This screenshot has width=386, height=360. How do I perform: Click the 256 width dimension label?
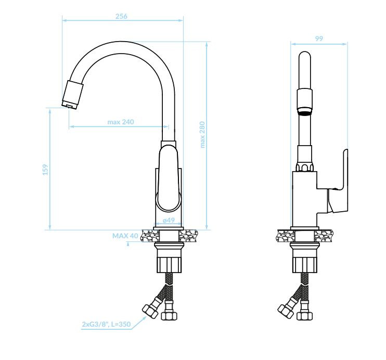[121, 16]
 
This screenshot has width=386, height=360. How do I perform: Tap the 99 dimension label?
[319, 38]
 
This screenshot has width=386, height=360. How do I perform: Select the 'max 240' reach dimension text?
[121, 122]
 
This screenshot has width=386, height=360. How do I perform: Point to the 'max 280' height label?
[202, 134]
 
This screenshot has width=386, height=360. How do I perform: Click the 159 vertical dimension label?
[46, 170]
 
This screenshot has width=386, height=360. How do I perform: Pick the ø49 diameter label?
[169, 220]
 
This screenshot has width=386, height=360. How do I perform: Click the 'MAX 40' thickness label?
[125, 236]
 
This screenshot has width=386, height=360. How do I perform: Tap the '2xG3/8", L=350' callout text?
[106, 324]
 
